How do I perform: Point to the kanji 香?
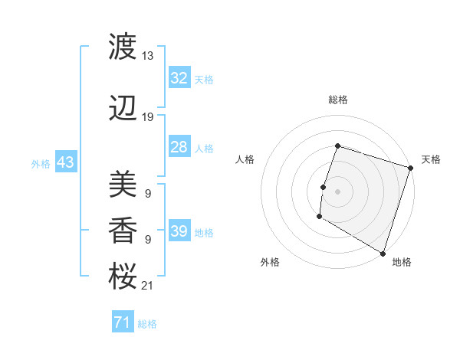(123, 229)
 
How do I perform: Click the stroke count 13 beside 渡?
(148, 55)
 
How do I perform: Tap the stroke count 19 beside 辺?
(148, 116)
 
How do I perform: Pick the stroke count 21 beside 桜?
(148, 286)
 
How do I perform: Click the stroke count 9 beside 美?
(147, 193)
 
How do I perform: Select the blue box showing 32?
(179, 78)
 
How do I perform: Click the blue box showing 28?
(179, 147)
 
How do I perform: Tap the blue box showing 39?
(179, 231)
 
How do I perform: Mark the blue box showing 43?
(65, 162)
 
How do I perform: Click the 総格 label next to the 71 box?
(147, 324)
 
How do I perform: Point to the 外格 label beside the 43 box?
(41, 163)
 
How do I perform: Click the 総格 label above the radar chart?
(337, 100)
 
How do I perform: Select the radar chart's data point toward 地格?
(382, 253)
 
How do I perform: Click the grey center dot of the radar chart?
(337, 191)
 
